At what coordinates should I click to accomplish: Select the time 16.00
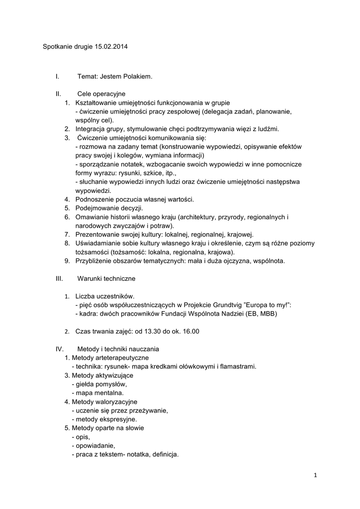point(190,332)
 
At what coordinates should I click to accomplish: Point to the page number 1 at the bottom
point(315,475)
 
